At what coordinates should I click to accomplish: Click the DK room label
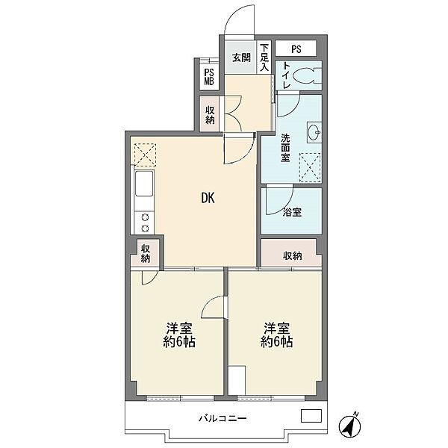coord(208,197)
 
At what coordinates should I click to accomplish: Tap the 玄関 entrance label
coord(241,58)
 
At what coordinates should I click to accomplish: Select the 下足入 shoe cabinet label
coord(264,57)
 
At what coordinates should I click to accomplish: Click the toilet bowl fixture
coord(308,75)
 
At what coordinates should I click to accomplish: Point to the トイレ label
coord(286,75)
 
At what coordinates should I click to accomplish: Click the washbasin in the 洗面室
coord(314,132)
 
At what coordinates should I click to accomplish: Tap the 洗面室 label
coord(285,148)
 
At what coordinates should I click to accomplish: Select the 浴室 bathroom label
coord(292,212)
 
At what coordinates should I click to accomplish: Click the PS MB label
coord(209,77)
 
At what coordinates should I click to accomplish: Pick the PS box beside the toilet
coord(296,49)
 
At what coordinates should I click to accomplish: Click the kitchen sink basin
coord(144,184)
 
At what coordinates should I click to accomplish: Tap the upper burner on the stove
coord(145,218)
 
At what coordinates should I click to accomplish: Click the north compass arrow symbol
coord(350,424)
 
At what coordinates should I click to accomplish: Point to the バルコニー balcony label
coord(223,419)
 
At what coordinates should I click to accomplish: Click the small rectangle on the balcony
coord(311,416)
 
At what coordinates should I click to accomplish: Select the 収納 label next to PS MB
coord(210,115)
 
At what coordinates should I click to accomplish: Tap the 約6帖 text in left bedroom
coord(179,342)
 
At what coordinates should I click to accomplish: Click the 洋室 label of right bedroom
coord(276,329)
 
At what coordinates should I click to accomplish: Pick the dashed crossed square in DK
coord(145,155)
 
